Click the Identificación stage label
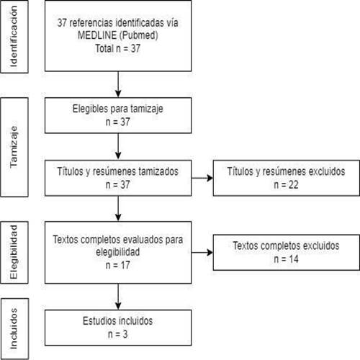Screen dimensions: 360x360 tap(14, 37)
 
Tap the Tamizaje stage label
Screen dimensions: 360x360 tap(14, 147)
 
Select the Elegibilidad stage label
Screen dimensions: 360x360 tap(14, 252)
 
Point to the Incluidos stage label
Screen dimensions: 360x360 tap(14, 328)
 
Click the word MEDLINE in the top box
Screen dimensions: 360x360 tap(97, 35)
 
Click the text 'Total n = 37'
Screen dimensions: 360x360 tap(118, 48)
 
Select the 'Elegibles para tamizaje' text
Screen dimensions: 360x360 tap(118, 109)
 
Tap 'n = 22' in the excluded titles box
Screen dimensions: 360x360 tap(286, 185)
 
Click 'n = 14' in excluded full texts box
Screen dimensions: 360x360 tap(286, 259)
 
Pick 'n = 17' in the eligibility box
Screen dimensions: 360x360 tap(118, 265)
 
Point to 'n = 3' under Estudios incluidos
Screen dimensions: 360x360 tap(118, 334)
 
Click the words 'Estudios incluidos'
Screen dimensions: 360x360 tap(118, 321)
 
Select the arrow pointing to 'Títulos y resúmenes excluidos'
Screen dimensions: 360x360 tap(202, 178)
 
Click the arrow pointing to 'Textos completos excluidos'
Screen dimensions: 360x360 tap(202, 252)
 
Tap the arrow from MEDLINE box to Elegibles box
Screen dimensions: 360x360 tap(118, 84)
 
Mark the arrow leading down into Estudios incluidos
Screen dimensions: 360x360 tap(118, 297)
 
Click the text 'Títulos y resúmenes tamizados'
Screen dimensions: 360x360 tap(118, 171)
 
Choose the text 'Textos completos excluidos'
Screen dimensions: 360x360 tap(286, 246)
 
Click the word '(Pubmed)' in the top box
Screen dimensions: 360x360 tap(138, 35)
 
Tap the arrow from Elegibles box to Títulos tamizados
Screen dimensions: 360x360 tap(118, 146)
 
